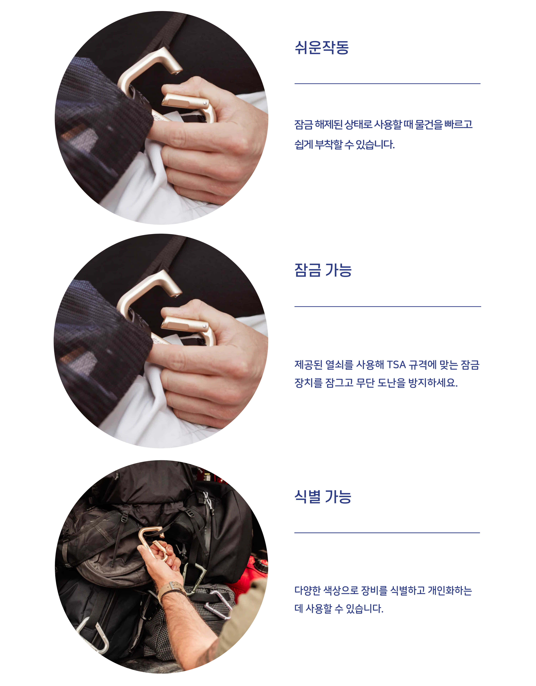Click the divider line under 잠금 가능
[x=388, y=306]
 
